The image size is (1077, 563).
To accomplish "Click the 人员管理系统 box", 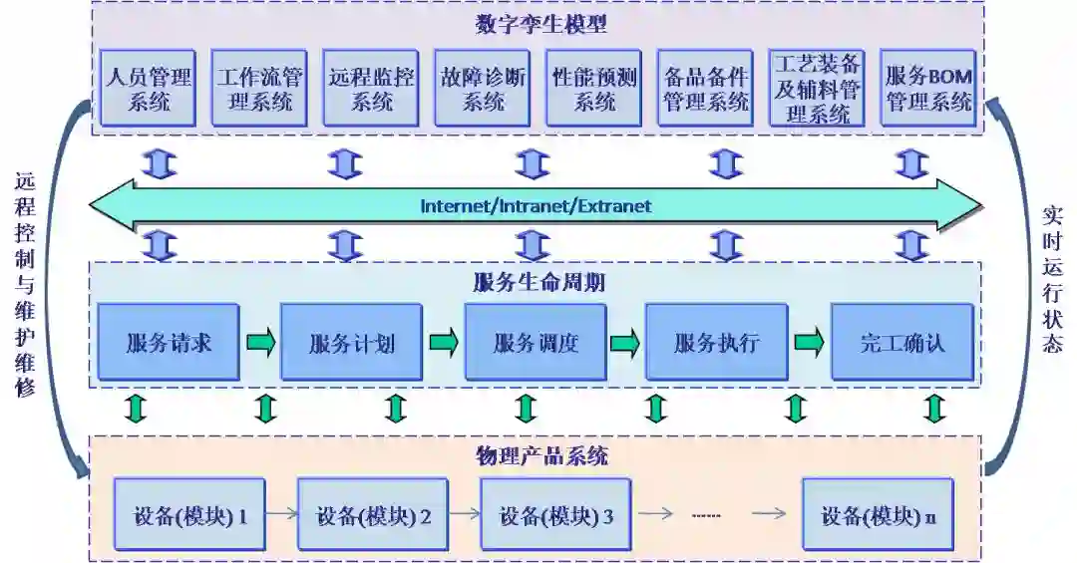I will [x=148, y=88].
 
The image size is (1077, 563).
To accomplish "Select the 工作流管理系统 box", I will [x=259, y=88].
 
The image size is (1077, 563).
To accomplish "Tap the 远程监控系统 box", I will [x=371, y=88].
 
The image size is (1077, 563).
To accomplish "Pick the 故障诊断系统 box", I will [x=484, y=88].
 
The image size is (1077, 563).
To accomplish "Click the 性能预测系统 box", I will [x=594, y=88].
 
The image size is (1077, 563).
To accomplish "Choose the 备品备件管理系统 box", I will [x=705, y=88].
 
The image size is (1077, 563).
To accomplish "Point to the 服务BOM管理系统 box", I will [x=927, y=88].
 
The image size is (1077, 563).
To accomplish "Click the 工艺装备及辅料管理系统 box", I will [x=817, y=88].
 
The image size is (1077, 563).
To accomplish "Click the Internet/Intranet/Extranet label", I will [x=536, y=206].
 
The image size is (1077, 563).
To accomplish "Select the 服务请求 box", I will [x=169, y=343].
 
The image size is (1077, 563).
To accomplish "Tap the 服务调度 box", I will [x=536, y=343].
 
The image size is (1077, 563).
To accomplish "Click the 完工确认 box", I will [x=902, y=343].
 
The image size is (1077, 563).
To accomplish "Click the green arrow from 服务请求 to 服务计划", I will [x=260, y=343].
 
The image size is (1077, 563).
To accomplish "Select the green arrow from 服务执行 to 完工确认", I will [x=809, y=343].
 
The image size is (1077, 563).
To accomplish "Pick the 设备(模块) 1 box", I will [x=189, y=515].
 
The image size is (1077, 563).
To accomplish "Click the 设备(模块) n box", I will [x=878, y=515].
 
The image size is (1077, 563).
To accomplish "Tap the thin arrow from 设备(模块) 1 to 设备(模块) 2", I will [x=281, y=515].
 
